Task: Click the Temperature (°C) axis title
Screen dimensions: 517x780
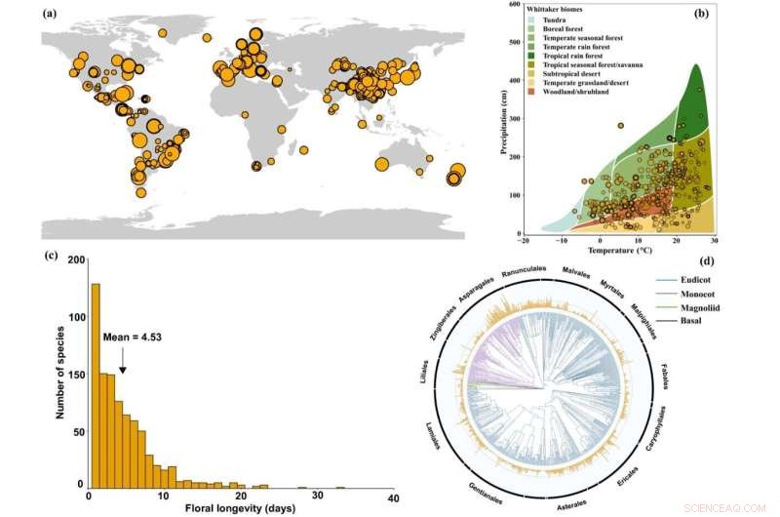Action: tap(621, 252)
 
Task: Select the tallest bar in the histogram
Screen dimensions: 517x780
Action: tap(96, 384)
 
